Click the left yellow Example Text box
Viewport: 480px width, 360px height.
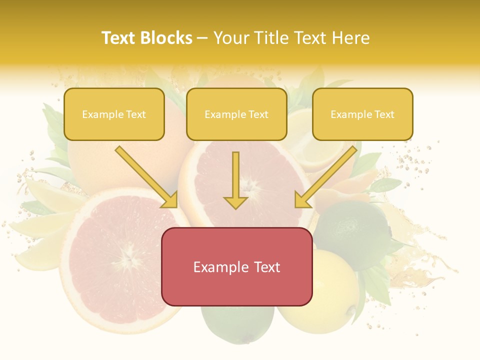click(x=114, y=114)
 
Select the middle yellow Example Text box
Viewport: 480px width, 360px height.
click(x=236, y=114)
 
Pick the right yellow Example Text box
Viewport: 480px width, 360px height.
click(x=362, y=114)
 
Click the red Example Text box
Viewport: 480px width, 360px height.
click(x=236, y=267)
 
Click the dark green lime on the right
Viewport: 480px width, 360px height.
click(x=350, y=230)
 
